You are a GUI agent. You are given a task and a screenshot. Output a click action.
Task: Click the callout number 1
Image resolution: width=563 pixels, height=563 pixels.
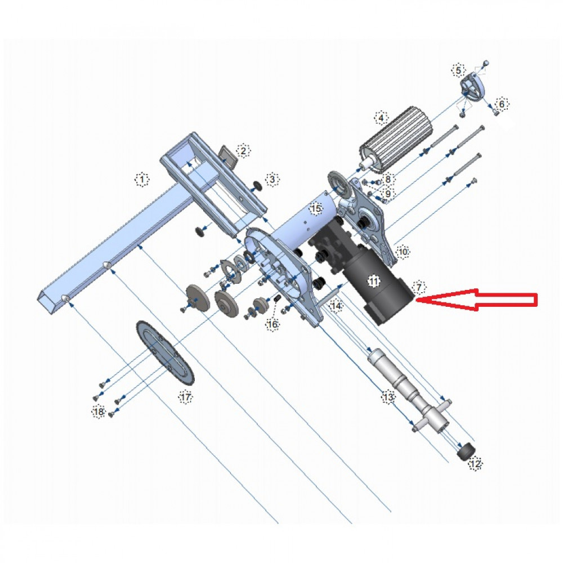[142, 180]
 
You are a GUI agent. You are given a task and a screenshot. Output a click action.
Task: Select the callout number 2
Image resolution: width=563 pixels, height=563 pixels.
[243, 150]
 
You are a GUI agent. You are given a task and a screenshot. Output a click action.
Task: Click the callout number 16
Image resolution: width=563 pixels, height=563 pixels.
[272, 324]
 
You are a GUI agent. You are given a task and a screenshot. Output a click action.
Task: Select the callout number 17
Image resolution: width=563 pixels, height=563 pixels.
[186, 397]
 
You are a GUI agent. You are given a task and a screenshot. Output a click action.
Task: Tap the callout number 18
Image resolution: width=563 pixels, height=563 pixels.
[99, 412]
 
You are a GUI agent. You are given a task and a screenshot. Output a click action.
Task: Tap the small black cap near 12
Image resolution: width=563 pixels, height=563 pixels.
[465, 451]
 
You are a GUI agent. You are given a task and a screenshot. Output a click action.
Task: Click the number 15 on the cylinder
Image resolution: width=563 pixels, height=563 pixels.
[316, 209]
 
